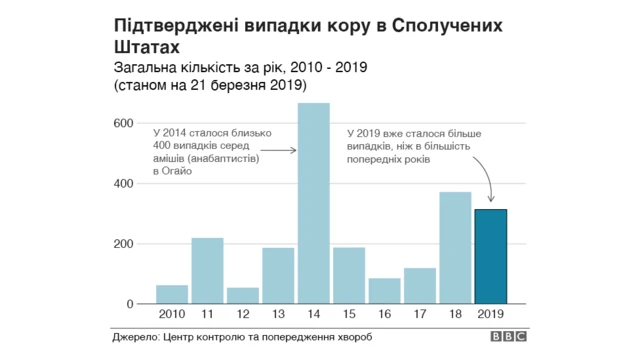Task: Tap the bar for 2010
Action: pyautogui.click(x=172, y=294)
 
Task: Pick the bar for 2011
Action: pyautogui.click(x=207, y=270)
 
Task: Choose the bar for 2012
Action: pyautogui.click(x=243, y=295)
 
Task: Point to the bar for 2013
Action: pyautogui.click(x=278, y=275)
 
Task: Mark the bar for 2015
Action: pyautogui.click(x=349, y=275)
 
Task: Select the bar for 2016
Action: pyautogui.click(x=384, y=291)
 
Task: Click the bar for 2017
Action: pyautogui.click(x=420, y=285)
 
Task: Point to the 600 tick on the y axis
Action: pyautogui.click(x=122, y=123)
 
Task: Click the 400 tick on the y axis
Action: pyautogui.click(x=122, y=184)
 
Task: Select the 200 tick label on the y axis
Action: pyautogui.click(x=122, y=244)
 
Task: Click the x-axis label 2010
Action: pyautogui.click(x=172, y=315)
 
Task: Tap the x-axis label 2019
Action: pyautogui.click(x=490, y=315)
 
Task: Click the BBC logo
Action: pyautogui.click(x=507, y=338)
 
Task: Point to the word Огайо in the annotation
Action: pyautogui.click(x=169, y=172)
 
